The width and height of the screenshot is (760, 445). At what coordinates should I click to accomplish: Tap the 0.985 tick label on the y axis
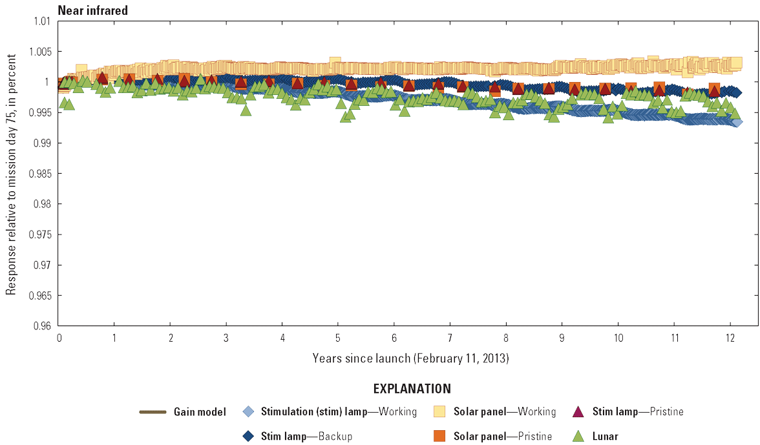tap(39, 174)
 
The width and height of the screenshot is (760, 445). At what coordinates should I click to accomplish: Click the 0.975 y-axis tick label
tap(39, 234)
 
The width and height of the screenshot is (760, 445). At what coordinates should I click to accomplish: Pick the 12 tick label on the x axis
tap(730, 338)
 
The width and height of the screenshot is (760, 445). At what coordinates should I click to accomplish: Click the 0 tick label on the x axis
tap(59, 338)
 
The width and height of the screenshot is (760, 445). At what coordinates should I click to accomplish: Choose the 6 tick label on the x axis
tap(394, 338)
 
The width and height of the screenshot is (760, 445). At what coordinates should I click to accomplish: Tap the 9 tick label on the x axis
tap(562, 338)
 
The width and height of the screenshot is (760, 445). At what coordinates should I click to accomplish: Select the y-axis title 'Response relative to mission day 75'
tap(11, 174)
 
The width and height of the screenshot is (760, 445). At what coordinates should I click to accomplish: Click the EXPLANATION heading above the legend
tap(412, 389)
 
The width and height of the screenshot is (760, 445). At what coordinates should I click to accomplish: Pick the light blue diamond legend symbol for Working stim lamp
tap(248, 412)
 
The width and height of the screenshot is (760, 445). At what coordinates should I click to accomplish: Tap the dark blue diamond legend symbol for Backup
tap(248, 437)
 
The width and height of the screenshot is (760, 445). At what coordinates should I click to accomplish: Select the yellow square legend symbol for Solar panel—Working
tap(440, 412)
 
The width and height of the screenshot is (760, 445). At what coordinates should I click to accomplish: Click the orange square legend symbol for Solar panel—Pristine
tap(440, 437)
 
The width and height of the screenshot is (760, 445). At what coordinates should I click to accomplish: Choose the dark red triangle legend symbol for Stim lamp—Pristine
tap(579, 412)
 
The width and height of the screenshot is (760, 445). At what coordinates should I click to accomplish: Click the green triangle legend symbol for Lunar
tap(579, 437)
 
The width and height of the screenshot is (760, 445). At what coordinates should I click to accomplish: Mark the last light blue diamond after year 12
tap(737, 122)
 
